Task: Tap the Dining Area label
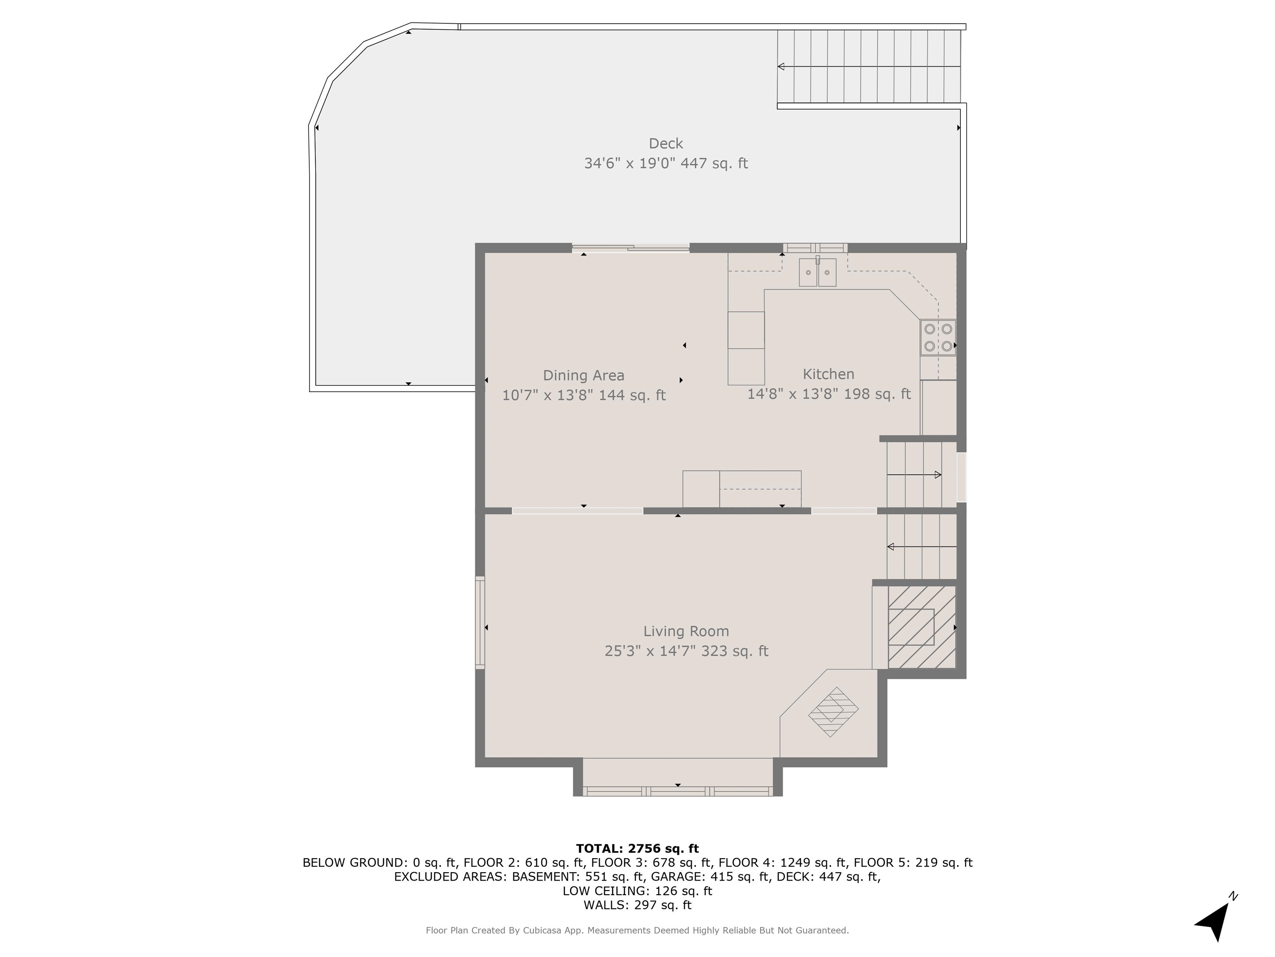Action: (583, 375)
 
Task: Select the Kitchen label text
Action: (828, 374)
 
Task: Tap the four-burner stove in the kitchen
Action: (938, 337)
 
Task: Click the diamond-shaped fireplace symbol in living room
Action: (833, 712)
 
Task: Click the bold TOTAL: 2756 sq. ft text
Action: (637, 849)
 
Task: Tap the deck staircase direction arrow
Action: (869, 66)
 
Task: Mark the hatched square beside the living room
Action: (922, 627)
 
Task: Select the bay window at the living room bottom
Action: (678, 791)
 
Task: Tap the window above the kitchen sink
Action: (815, 248)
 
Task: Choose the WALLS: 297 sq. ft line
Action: (637, 905)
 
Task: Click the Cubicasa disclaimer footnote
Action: (637, 930)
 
